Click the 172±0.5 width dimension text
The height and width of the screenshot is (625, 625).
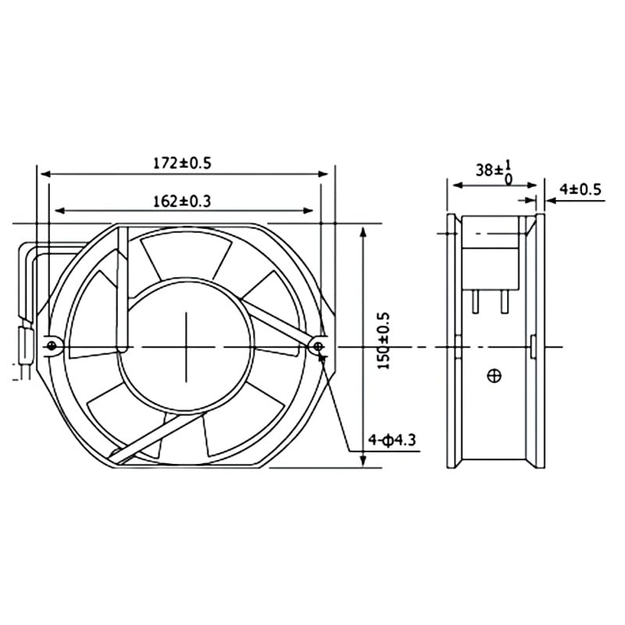click(x=182, y=163)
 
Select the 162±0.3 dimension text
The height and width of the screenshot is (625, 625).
click(x=182, y=201)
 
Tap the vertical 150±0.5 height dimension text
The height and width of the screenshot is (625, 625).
click(x=383, y=341)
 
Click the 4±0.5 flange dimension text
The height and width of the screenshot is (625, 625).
click(x=580, y=188)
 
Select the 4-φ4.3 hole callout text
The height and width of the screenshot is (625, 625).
click(x=392, y=441)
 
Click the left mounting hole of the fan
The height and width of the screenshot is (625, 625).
click(x=52, y=344)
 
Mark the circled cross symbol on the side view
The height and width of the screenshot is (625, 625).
click(x=493, y=377)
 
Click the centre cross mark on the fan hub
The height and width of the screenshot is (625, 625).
click(x=187, y=345)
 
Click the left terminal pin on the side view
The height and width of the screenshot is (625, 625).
click(x=475, y=301)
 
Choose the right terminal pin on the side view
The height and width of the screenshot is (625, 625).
click(x=506, y=301)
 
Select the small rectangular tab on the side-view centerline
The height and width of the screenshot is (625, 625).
click(x=532, y=346)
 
